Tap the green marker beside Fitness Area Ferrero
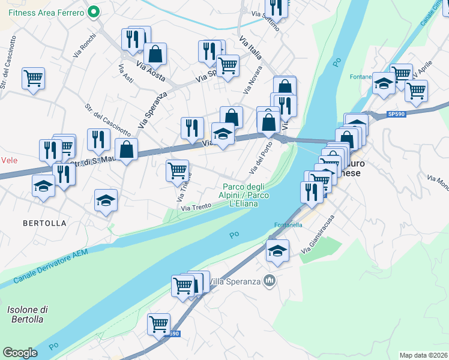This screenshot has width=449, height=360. click(x=93, y=11)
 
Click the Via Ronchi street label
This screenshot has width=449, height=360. click(x=84, y=46)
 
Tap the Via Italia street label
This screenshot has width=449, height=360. click(x=250, y=48)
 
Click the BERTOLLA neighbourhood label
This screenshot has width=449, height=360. click(x=44, y=223)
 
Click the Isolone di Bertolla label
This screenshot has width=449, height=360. click(x=27, y=314)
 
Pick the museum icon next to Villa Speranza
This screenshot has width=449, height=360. click(x=270, y=280)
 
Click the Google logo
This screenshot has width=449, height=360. click(x=20, y=353)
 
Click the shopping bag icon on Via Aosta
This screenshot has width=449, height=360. click(x=155, y=54)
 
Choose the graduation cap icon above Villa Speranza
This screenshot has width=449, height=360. click(x=277, y=251)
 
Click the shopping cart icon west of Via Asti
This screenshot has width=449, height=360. click(x=34, y=78)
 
